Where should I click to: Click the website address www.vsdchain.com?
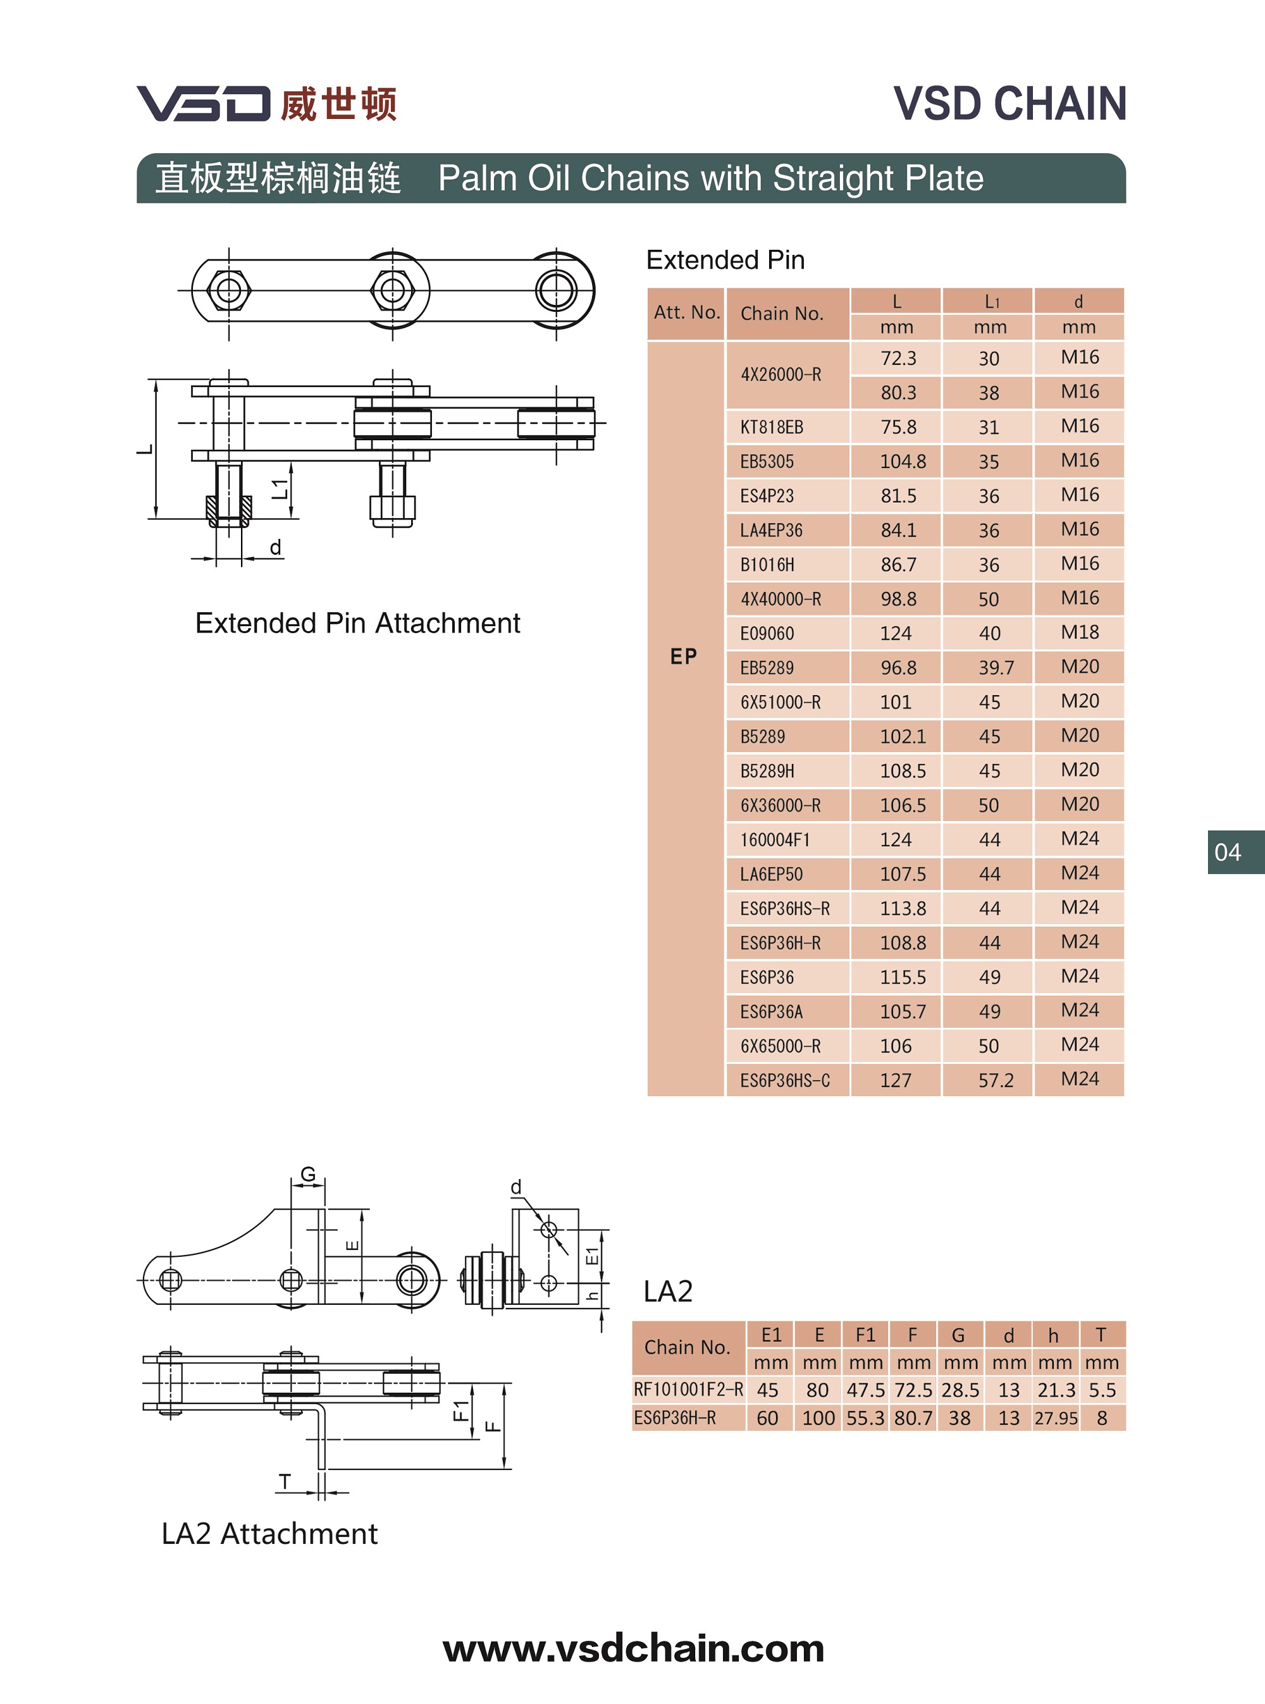click(633, 1648)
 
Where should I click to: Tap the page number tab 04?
click(1228, 851)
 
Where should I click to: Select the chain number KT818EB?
click(771, 428)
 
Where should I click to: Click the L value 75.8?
click(898, 428)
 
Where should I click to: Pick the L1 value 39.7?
click(996, 668)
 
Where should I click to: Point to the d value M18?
click(1079, 633)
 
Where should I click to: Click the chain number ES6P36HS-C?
click(784, 1080)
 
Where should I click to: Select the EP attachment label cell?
click(684, 657)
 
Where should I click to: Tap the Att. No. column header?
click(686, 312)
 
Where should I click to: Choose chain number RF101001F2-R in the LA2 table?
click(688, 1389)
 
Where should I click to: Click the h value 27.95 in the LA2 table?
click(1055, 1418)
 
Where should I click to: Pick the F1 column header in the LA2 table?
click(865, 1335)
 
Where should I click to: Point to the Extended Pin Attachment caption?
click(357, 624)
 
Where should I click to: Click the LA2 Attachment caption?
click(269, 1533)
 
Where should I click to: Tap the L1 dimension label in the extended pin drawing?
click(281, 488)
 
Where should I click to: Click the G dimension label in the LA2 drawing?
click(308, 1174)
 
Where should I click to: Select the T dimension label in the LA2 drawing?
click(285, 1482)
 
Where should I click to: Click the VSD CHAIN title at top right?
click(1009, 103)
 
